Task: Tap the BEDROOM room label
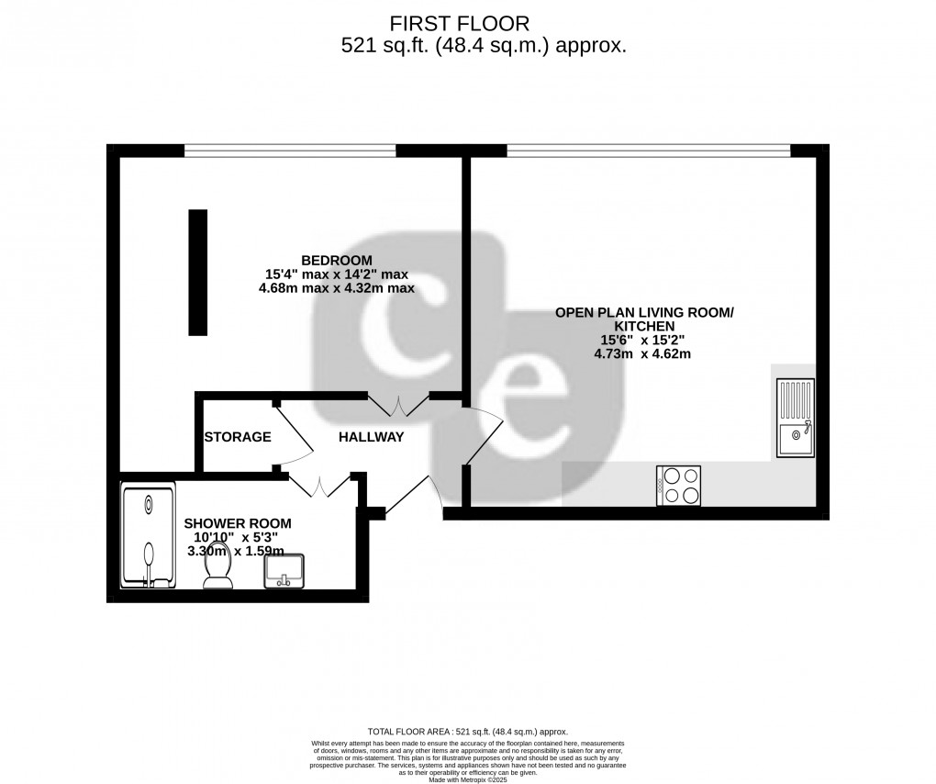point(336,259)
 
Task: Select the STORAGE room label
point(238,437)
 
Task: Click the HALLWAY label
point(371,437)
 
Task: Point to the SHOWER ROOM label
point(231,522)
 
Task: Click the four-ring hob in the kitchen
point(679,486)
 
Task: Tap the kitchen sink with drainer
point(795,418)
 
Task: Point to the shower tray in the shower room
point(149,537)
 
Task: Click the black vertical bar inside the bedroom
point(198,273)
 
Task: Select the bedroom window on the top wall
point(290,150)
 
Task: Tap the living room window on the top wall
point(648,150)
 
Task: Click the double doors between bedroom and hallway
point(399,405)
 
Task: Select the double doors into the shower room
point(320,485)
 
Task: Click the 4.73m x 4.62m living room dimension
point(642,353)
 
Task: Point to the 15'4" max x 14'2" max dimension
point(336,274)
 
